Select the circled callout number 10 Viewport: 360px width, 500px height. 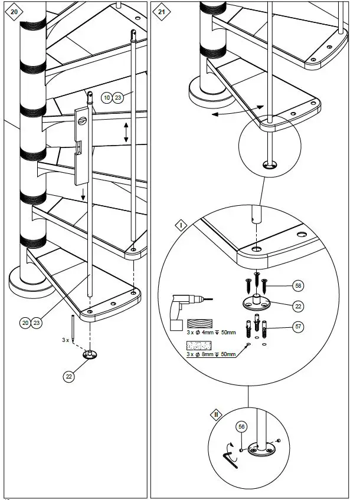pos(107,98)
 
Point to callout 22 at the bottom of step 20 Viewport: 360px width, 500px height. pos(69,377)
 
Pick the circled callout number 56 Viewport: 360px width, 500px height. pos(241,427)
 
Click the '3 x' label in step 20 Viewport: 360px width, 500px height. pos(66,340)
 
